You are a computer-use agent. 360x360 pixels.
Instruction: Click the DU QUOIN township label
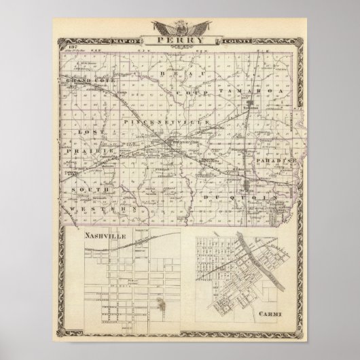pos(239,194)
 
